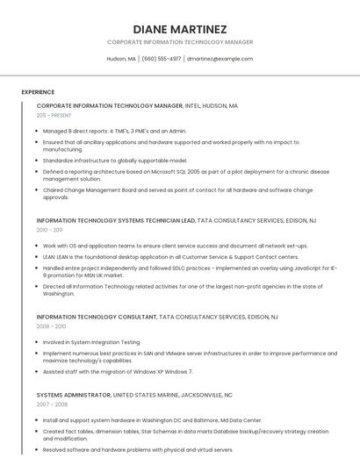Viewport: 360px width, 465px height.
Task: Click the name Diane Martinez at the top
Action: [180, 29]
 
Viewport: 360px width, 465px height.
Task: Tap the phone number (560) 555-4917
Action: [162, 59]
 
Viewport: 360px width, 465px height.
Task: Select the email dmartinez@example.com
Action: [220, 59]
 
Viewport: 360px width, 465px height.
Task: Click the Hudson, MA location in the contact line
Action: [121, 59]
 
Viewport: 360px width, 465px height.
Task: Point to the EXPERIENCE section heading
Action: [38, 92]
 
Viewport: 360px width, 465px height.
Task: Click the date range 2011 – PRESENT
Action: [54, 115]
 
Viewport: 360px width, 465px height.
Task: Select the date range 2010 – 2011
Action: [50, 229]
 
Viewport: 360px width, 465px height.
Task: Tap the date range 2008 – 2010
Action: [51, 325]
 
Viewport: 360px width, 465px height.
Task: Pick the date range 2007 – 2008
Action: [51, 404]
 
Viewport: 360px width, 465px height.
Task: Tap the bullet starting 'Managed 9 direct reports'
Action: [114, 131]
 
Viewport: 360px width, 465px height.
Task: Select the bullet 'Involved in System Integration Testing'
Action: [91, 341]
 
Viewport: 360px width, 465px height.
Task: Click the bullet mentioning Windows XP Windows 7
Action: [118, 371]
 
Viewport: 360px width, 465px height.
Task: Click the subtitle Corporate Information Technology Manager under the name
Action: [180, 42]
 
